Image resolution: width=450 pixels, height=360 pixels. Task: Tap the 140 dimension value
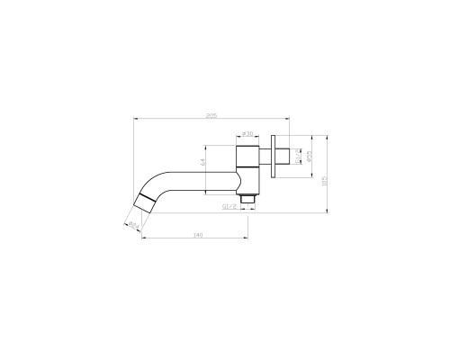(x=196, y=236)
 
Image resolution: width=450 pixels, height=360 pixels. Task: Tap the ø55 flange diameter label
(x=310, y=157)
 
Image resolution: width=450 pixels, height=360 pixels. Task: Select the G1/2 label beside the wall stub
(x=298, y=157)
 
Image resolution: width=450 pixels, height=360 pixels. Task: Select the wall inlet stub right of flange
(x=284, y=157)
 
